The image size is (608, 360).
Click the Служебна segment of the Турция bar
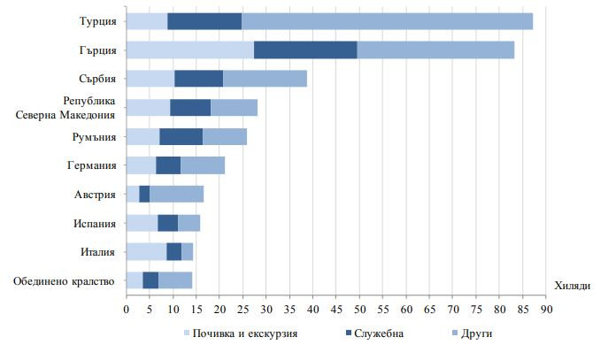(204, 21)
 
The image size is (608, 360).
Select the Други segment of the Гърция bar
(435, 50)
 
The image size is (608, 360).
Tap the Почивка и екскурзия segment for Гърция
(190, 50)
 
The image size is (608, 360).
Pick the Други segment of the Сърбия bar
(265, 79)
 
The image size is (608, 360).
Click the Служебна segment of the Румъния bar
(181, 136)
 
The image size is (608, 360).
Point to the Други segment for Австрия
(176, 194)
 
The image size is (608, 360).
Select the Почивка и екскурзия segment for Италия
(146, 251)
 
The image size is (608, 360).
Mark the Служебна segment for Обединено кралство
(150, 280)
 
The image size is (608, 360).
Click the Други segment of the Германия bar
(203, 165)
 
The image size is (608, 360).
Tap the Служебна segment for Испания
(167, 223)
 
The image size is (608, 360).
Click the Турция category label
(97, 21)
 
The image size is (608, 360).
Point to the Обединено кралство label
(65, 281)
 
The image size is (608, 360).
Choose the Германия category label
(91, 165)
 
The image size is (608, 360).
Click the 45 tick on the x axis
(337, 310)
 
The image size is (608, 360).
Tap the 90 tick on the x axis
(547, 310)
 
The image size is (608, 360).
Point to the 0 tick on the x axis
(127, 310)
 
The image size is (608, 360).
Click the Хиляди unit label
(573, 285)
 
